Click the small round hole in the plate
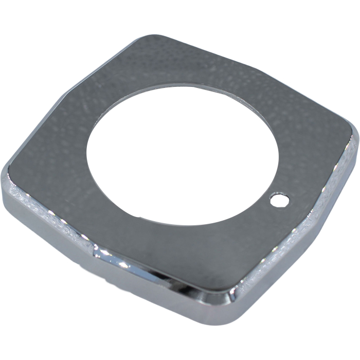(279, 199)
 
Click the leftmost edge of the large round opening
(87, 149)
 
